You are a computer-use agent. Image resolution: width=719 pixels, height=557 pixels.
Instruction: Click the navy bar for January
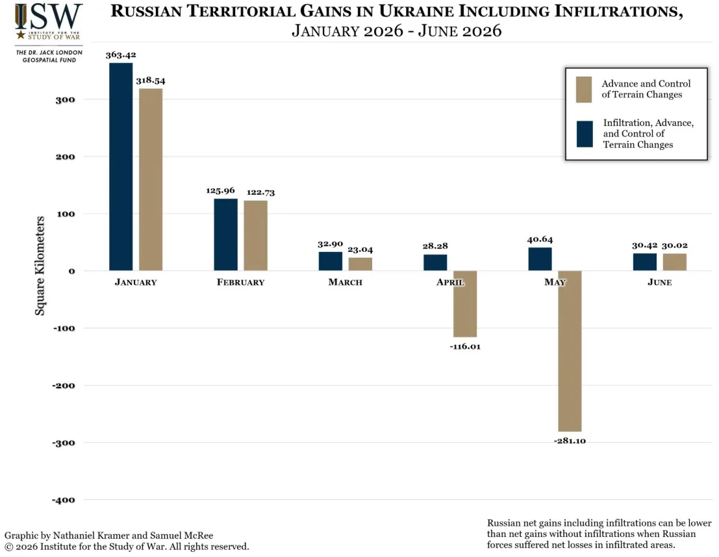pyautogui.click(x=121, y=166)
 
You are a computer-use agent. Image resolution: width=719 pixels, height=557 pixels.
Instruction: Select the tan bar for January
pyautogui.click(x=151, y=179)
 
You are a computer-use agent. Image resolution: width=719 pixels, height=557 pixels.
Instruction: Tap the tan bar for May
pyautogui.click(x=570, y=351)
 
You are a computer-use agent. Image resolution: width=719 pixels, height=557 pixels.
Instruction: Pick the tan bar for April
pyautogui.click(x=465, y=304)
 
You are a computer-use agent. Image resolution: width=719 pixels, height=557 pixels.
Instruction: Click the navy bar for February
pyautogui.click(x=225, y=235)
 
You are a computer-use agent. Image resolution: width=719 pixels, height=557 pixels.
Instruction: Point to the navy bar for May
pyautogui.click(x=540, y=259)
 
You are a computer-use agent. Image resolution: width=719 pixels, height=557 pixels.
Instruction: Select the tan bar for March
pyautogui.click(x=360, y=264)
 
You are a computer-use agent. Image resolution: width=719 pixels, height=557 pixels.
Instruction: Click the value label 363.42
pyautogui.click(x=121, y=55)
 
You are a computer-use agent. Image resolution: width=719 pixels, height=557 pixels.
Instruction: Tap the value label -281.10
pyautogui.click(x=570, y=441)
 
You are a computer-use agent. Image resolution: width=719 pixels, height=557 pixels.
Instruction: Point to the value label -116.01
pyautogui.click(x=465, y=347)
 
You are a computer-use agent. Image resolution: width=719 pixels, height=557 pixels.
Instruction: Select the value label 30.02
pyautogui.click(x=675, y=245)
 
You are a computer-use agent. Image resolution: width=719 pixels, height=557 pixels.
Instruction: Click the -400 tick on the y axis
pyautogui.click(x=63, y=500)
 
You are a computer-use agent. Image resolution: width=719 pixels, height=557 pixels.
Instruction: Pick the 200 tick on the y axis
pyautogui.click(x=65, y=157)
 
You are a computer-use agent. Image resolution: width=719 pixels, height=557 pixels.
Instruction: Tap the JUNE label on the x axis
pyautogui.click(x=660, y=282)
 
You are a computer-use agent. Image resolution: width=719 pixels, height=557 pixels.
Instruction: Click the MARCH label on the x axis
pyautogui.click(x=346, y=282)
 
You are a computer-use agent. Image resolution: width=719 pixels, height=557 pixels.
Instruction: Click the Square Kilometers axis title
pyautogui.click(x=40, y=266)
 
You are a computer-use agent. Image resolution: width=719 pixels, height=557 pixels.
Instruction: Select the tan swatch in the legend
pyautogui.click(x=584, y=90)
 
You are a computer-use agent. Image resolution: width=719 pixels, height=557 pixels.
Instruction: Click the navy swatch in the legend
pyautogui.click(x=585, y=134)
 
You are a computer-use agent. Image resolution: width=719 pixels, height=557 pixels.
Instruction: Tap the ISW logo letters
pyautogui.click(x=49, y=16)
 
